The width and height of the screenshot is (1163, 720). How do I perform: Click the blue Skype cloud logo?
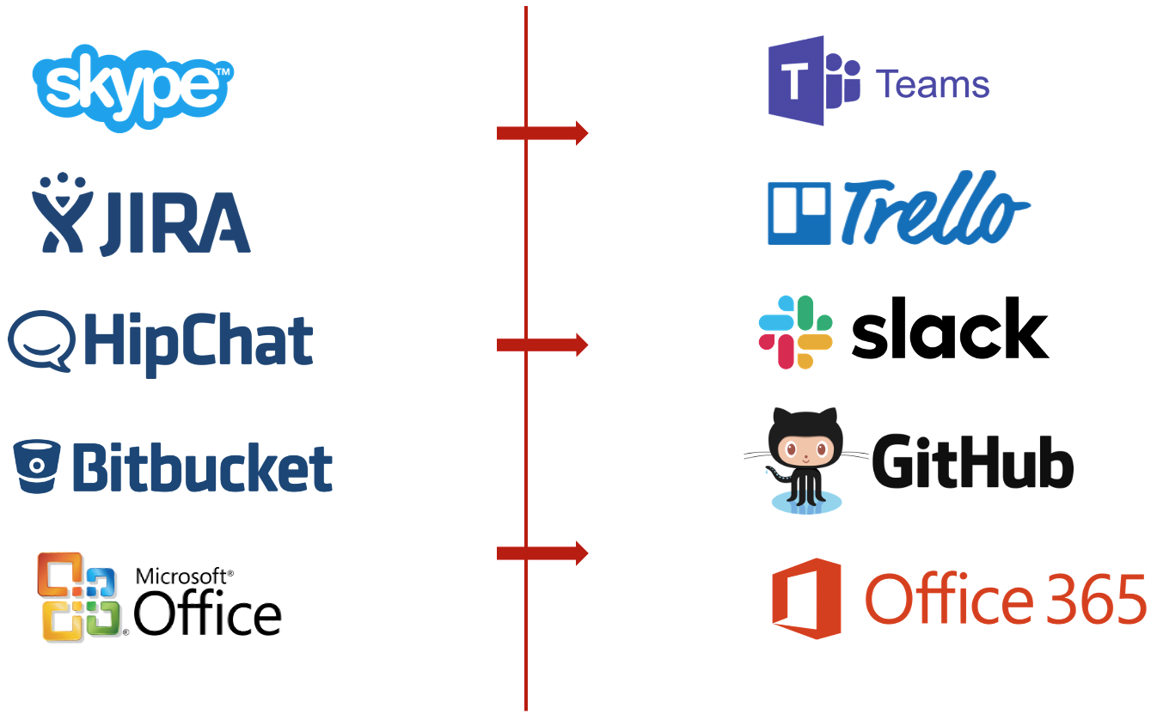tap(132, 88)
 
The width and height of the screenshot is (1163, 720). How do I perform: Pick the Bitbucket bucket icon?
tap(38, 465)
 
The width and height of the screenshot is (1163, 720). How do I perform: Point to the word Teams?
tap(932, 85)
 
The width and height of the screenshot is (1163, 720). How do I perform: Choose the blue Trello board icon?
tap(799, 213)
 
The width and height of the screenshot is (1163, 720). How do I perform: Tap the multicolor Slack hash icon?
tap(795, 332)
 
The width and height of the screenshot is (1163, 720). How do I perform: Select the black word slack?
tap(950, 329)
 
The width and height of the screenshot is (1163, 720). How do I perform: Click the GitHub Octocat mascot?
tap(804, 459)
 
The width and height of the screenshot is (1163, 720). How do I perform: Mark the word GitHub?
tap(972, 462)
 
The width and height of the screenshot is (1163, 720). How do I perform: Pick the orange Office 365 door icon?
tap(805, 598)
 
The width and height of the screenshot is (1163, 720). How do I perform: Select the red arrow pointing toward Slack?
tap(542, 345)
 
